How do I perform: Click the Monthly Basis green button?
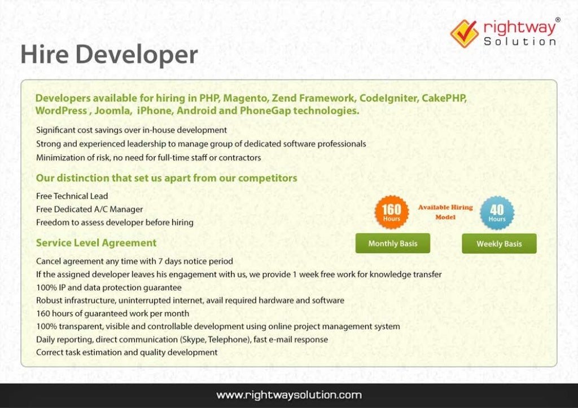[x=392, y=243]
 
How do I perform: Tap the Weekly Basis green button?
[x=499, y=243]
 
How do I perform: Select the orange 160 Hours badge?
[x=391, y=212]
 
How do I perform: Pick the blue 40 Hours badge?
[x=497, y=212]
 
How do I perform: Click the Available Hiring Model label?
[x=445, y=212]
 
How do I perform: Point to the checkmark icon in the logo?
[x=464, y=33]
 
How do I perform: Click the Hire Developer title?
[x=109, y=55]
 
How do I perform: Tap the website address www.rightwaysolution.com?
[x=289, y=395]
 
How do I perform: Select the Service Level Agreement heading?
[x=96, y=243]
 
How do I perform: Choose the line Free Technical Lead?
[x=72, y=196]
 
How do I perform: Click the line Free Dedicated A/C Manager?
[x=89, y=209]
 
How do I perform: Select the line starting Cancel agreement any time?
[x=134, y=261]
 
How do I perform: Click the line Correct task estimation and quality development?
[x=126, y=352]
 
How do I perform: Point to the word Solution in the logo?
[x=520, y=42]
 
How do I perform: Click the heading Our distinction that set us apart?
[x=166, y=178]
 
